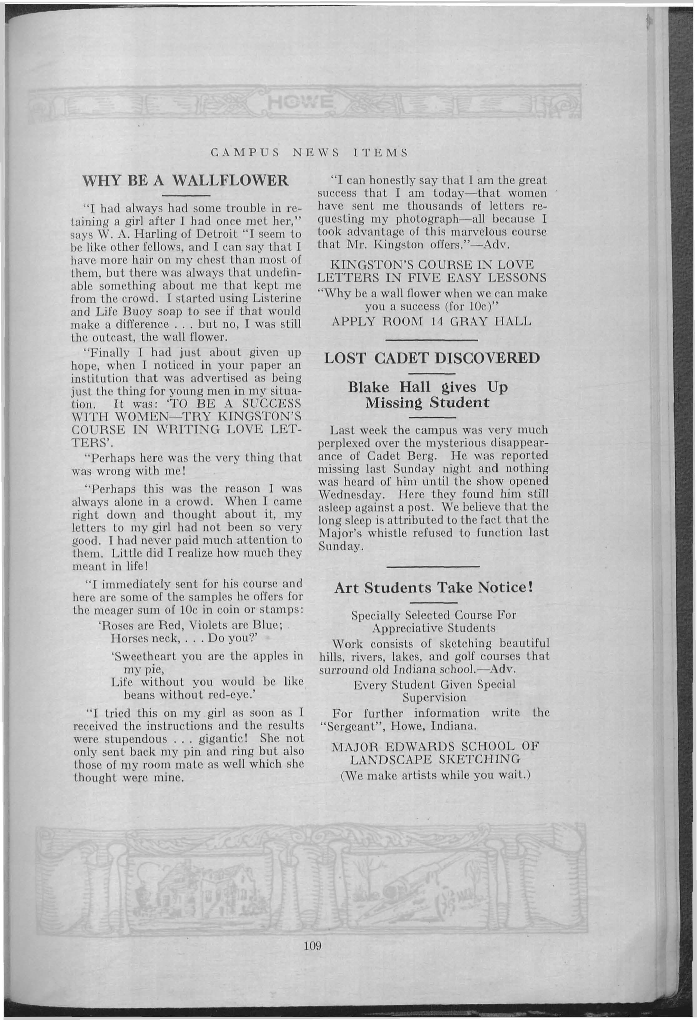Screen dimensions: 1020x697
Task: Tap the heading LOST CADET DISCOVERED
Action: [432, 358]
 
